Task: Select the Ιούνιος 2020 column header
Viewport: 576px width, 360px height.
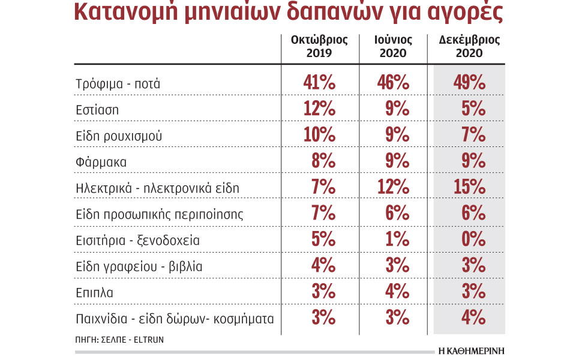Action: point(394,47)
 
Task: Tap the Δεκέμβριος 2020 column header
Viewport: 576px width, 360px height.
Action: point(469,47)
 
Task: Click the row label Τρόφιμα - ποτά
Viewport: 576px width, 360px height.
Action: point(118,84)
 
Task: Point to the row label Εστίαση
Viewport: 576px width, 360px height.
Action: point(97,110)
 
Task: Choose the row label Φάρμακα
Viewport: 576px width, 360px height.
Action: point(101,162)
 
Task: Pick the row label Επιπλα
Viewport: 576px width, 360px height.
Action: point(95,292)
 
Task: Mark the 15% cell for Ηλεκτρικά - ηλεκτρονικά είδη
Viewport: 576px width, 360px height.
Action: point(469,188)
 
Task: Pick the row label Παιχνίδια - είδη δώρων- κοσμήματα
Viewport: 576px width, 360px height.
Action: point(175,318)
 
